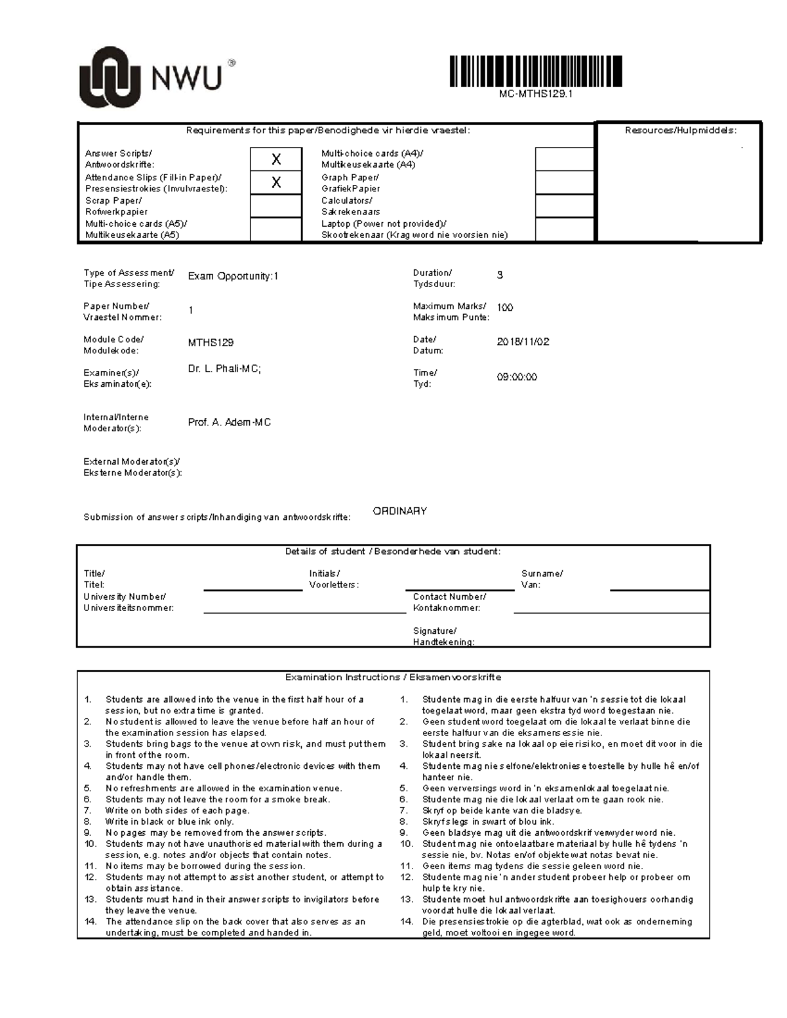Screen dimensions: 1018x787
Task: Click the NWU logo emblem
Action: pyautogui.click(x=110, y=77)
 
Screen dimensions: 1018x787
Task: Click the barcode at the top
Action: pyautogui.click(x=535, y=71)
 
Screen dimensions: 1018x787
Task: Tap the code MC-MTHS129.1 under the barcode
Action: pyautogui.click(x=535, y=94)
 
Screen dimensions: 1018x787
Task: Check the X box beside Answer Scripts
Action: pyautogui.click(x=276, y=159)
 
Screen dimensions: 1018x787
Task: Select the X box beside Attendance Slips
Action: pyautogui.click(x=276, y=183)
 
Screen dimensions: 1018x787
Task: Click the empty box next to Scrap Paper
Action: pyautogui.click(x=276, y=206)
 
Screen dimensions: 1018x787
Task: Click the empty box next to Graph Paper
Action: pyautogui.click(x=564, y=183)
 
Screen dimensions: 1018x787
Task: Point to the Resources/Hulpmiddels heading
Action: pyautogui.click(x=680, y=130)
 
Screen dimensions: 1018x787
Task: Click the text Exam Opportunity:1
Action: pyautogui.click(x=233, y=277)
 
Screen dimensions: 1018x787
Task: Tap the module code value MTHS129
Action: pyautogui.click(x=211, y=343)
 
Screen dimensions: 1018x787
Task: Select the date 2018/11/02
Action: pyautogui.click(x=523, y=342)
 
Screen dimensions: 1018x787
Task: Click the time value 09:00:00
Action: pyautogui.click(x=517, y=378)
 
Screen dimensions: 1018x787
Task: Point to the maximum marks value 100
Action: pyautogui.click(x=505, y=307)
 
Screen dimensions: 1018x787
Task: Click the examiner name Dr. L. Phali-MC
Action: pyautogui.click(x=224, y=369)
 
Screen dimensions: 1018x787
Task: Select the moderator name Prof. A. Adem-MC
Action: pyautogui.click(x=229, y=423)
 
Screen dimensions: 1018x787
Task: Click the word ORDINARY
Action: pyautogui.click(x=399, y=511)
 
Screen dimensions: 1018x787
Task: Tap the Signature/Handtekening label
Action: pyautogui.click(x=443, y=636)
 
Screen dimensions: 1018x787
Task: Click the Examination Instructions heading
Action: pyautogui.click(x=393, y=677)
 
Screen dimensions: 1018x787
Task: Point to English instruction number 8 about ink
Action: pyautogui.click(x=169, y=821)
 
